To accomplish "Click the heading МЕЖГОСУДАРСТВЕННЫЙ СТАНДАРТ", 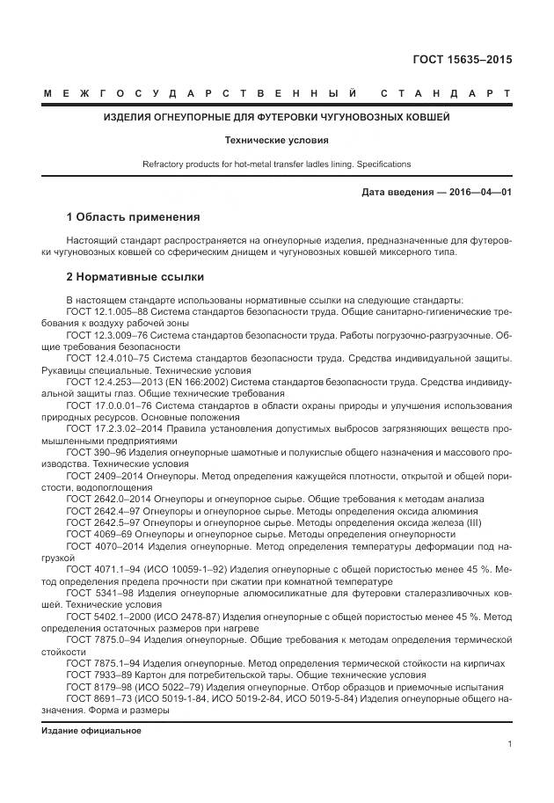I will coord(276,93).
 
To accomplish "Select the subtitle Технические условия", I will coord(276,139).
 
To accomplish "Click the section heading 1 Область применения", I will coord(133,217).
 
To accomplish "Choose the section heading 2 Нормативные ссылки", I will coord(128,275).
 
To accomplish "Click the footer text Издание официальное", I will coord(91,731).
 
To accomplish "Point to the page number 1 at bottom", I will coord(509,744).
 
